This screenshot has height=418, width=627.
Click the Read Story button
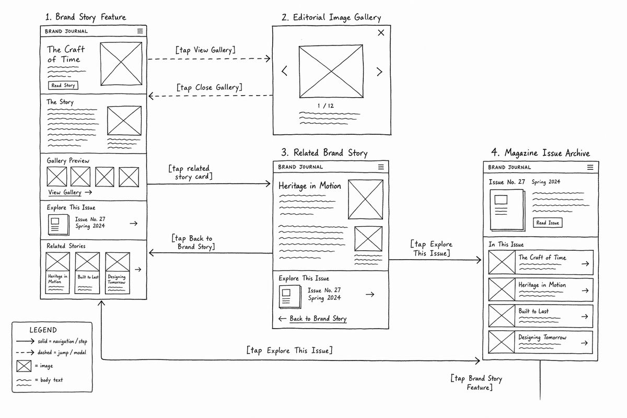click(63, 85)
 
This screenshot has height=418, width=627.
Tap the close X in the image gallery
click(381, 33)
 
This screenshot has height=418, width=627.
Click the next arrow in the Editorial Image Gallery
click(379, 72)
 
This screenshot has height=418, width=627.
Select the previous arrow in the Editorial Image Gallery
click(284, 71)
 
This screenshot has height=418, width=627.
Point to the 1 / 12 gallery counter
click(326, 106)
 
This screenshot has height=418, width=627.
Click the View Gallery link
click(70, 192)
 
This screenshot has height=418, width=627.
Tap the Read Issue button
click(548, 223)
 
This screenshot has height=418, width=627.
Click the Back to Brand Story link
click(312, 319)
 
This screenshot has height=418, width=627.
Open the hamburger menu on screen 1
click(140, 31)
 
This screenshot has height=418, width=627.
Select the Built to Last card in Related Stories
click(87, 273)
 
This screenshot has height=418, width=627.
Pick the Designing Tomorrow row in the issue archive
click(540, 342)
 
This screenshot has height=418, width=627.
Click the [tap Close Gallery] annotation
click(210, 87)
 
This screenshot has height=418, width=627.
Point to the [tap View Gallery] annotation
click(205, 50)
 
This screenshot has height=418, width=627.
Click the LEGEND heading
click(43, 330)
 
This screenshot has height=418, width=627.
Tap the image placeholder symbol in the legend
click(24, 366)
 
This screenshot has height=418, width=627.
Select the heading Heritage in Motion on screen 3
click(309, 186)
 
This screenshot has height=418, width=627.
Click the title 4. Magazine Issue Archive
click(540, 153)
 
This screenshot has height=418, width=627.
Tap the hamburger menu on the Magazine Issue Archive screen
click(590, 167)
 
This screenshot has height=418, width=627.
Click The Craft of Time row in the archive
click(541, 262)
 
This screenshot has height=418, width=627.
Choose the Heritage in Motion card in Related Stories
click(57, 273)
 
